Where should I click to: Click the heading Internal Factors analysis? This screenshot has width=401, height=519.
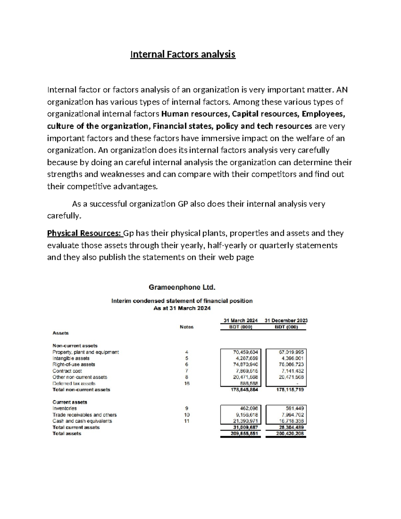pos(183,54)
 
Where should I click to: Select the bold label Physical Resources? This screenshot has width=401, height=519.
pos(85,233)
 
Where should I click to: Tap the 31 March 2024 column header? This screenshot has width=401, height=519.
pos(241,320)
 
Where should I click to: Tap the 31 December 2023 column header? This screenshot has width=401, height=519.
pos(286,320)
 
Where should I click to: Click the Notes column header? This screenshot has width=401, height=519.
pos(186,327)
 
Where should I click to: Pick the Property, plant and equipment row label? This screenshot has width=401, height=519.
pos(86,352)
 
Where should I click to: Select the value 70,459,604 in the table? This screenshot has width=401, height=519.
pos(245,352)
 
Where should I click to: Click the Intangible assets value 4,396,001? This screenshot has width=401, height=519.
pos(291,358)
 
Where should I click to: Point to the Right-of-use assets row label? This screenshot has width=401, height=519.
pos(74,364)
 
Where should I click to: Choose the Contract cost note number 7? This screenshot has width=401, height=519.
pos(186,371)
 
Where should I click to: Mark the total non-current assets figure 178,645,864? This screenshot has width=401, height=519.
pos(244,390)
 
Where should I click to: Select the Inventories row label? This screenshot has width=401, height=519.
pos(64,408)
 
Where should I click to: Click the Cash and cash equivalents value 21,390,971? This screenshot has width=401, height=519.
pos(245,421)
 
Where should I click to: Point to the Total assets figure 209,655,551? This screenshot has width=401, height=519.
pos(244,433)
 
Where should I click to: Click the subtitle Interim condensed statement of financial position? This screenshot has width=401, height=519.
pos(182,301)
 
